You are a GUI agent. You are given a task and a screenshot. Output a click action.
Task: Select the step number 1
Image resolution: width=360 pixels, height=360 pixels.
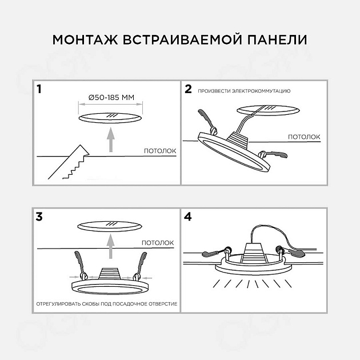[x=39, y=89]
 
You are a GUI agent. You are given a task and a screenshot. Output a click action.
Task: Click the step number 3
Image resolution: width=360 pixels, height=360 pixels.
[x=39, y=217]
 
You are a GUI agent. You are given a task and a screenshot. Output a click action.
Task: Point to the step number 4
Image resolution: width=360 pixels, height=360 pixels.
[x=189, y=217]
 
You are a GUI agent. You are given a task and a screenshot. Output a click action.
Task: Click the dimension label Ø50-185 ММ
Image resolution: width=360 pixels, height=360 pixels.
[x=111, y=98]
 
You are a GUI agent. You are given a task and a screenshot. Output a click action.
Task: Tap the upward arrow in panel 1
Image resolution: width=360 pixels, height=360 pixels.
[x=111, y=140]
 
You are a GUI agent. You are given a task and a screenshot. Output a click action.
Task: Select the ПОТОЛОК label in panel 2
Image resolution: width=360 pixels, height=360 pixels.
[x=303, y=137]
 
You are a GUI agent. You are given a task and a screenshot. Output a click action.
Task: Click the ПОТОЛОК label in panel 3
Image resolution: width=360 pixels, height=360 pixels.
[x=157, y=243]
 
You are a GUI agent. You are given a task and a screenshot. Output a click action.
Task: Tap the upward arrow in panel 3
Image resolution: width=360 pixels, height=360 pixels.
[x=111, y=249]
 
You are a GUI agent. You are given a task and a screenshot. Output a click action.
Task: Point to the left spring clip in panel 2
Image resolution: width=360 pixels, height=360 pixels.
[x=205, y=119]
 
